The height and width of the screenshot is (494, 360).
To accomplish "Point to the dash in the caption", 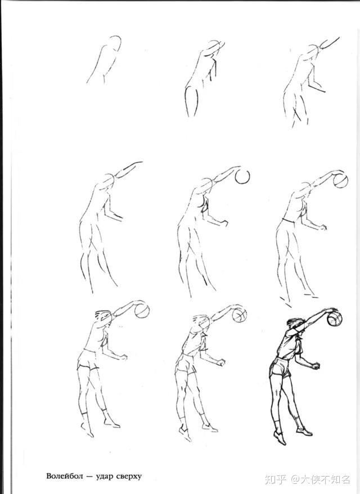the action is point(90,477).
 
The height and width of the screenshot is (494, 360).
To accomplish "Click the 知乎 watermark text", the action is point(276,479).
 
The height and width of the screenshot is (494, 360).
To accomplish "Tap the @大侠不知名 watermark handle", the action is point(321,479).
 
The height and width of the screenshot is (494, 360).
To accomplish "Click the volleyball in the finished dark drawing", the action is point(335,319).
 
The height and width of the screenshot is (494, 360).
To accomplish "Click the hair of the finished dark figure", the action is point(295,322).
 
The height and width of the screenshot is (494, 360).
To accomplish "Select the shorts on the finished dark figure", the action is point(280,367).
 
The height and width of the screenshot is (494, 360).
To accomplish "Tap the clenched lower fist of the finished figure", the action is point(316,366).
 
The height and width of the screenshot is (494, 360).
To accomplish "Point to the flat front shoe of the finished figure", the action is point(304,431).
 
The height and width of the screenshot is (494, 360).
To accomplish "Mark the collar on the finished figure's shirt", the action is point(298,339).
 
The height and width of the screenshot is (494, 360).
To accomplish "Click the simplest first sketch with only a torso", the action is point(104,60).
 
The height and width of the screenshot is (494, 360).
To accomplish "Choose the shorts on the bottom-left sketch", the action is point(88,360).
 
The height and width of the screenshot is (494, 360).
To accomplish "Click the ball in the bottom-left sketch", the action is point(142,311).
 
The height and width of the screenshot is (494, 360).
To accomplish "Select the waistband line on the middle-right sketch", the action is point(289,221).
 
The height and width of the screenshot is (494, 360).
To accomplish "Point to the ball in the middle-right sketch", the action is point(340,181).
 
